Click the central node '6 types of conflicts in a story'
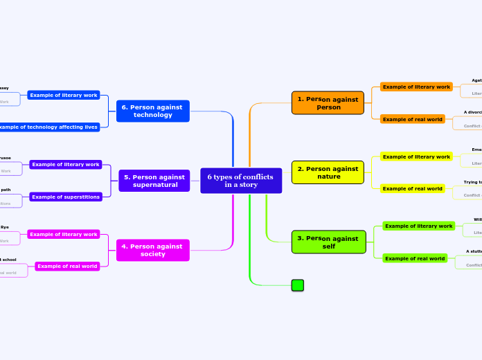(241, 181)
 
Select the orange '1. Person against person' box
(328, 103)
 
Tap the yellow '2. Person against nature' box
(328, 172)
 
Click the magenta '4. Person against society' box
(152, 250)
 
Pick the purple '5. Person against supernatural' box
(154, 181)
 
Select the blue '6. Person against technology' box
(152, 111)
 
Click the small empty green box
(298, 285)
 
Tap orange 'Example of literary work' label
(416, 87)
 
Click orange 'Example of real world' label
(413, 119)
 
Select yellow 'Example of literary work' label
(416, 156)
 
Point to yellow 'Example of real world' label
(413, 188)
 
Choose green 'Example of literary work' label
(418, 226)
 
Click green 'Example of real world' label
(415, 258)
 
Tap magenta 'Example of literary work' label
(64, 234)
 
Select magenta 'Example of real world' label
(67, 266)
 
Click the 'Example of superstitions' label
(66, 197)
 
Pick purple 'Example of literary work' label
(66, 165)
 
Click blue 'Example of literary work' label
(64, 95)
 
